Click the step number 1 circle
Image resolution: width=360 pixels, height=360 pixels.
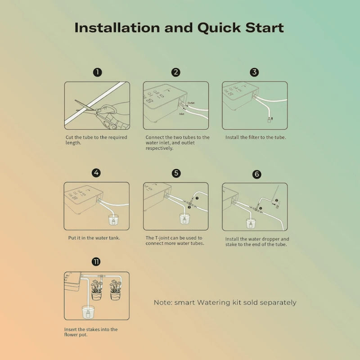coord(97,72)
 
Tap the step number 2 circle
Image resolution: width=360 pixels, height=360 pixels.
coord(176,72)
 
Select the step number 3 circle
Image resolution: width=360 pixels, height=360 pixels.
coord(255,72)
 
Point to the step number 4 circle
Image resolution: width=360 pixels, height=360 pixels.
coord(96,173)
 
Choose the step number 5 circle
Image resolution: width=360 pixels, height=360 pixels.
coord(176,173)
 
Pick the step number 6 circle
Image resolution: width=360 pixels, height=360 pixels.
coord(256,174)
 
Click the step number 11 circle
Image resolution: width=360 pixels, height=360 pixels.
coord(96,262)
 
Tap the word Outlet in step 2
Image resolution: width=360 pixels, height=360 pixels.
coord(191,103)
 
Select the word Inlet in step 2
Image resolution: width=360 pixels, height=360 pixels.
coord(182,114)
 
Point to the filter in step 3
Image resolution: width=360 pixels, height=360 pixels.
coord(269,119)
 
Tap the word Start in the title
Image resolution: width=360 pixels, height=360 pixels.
coord(263,27)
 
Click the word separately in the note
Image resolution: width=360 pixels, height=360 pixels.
coord(277,303)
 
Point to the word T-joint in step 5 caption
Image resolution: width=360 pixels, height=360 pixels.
coord(164,238)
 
